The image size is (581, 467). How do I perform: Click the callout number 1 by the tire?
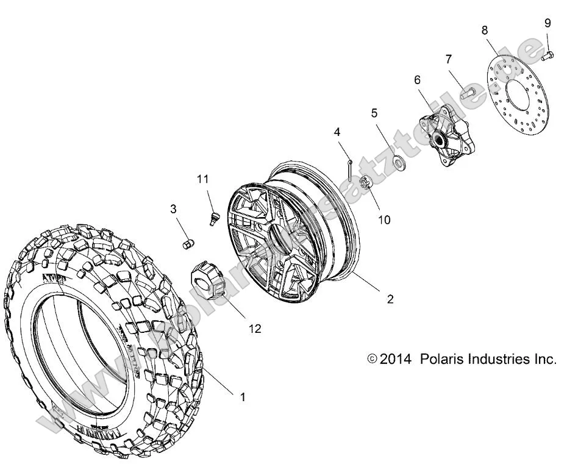pos(242,397)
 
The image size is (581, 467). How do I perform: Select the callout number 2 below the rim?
pos(390,299)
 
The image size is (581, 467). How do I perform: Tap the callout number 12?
pos(254,329)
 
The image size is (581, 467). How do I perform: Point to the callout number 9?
pos(547,23)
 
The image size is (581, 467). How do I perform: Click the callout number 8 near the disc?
pos(485,30)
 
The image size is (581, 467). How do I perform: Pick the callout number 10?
pos(384,219)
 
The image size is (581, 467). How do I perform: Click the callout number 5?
pos(374,113)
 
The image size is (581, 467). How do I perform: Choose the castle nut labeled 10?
pos(366,182)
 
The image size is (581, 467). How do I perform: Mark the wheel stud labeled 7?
pos(468,93)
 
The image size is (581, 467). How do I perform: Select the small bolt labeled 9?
pos(547,57)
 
